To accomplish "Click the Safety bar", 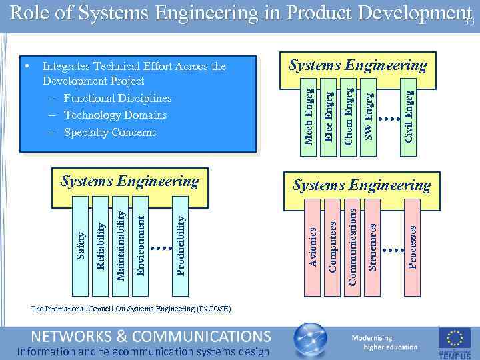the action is click(81, 244).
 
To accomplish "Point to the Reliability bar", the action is click(100, 244).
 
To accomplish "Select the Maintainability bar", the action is click(120, 244).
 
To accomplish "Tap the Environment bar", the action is click(140, 244).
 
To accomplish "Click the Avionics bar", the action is click(312, 247).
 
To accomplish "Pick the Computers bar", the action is click(332, 247).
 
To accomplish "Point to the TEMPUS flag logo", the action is click(454, 341).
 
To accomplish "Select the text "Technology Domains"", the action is click(115, 115).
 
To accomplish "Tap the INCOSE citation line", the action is click(131, 309).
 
